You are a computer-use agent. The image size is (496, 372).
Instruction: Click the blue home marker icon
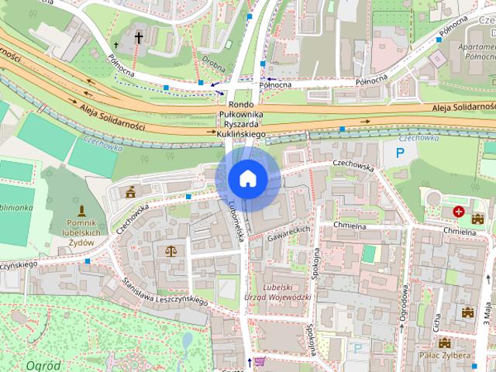pos(248,178)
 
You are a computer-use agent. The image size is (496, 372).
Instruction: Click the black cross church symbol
pos(139,36)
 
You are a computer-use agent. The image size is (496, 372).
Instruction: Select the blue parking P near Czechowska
pos(401,153)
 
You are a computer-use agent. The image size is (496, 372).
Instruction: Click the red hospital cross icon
pos(459,211)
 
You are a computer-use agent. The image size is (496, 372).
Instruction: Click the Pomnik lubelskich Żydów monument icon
pos(81,211)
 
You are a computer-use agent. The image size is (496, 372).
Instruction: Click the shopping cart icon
pos(260,360)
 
